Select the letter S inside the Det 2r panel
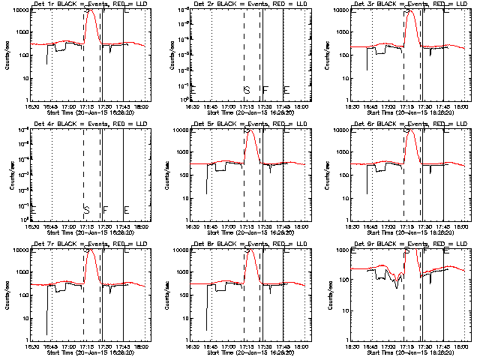tap(246, 90)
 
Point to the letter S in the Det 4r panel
tap(86, 209)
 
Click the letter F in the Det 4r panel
tap(106, 209)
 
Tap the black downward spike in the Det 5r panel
tap(207, 192)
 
